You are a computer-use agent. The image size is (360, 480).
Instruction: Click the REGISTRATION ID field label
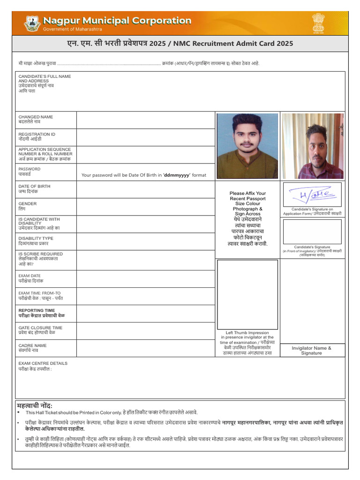click(x=37, y=135)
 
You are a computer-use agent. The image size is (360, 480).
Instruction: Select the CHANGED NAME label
click(x=36, y=117)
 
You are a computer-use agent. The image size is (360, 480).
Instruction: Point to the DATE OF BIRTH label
click(x=34, y=186)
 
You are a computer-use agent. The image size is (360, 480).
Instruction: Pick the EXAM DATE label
click(x=30, y=276)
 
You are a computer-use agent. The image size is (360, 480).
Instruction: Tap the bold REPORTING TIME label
click(x=37, y=310)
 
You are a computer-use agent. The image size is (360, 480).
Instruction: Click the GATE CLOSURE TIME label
click(x=40, y=328)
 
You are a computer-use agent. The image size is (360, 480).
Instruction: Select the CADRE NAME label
click(x=33, y=345)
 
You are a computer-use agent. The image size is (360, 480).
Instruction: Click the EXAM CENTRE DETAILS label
click(x=43, y=363)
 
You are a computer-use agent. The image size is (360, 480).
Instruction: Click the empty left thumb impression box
click(x=247, y=294)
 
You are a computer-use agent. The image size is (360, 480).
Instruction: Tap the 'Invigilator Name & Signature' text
click(x=311, y=351)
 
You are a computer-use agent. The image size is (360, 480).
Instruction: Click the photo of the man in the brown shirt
click(x=247, y=146)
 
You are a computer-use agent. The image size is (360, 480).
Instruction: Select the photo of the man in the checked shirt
click(x=313, y=146)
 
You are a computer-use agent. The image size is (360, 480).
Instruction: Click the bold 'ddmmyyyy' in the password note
click(x=176, y=175)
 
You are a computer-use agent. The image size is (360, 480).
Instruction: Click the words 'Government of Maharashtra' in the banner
click(x=72, y=29)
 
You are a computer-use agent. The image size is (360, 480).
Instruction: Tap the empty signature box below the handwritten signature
click(x=312, y=231)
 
